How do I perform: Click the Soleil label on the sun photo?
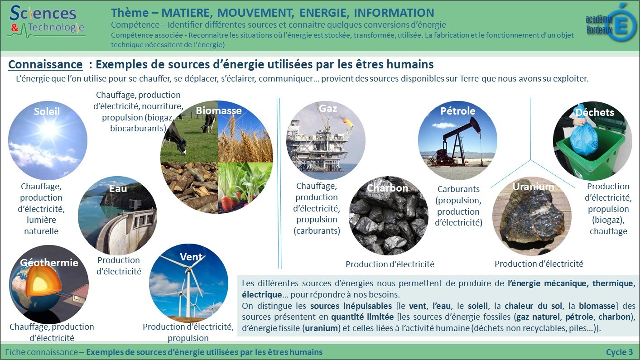pyautogui.click(x=47, y=111)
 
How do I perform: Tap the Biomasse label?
pyautogui.click(x=219, y=110)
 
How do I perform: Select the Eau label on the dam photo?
pyautogui.click(x=118, y=188)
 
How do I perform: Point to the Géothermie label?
pyautogui.click(x=49, y=263)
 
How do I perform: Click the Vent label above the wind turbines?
pyautogui.click(x=191, y=257)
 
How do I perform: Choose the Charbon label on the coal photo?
pyautogui.click(x=387, y=188)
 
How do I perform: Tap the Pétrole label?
pyautogui.click(x=458, y=111)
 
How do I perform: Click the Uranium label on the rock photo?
pyautogui.click(x=533, y=187)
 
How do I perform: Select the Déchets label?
pyautogui.click(x=595, y=112)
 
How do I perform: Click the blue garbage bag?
pyautogui.click(x=583, y=137)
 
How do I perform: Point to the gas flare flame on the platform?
pyautogui.click(x=347, y=122)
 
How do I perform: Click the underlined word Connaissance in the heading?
pyautogui.click(x=45, y=65)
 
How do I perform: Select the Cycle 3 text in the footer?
pyautogui.click(x=620, y=352)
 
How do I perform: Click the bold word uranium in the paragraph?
pyautogui.click(x=321, y=328)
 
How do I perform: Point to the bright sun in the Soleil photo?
pyautogui.click(x=49, y=129)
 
